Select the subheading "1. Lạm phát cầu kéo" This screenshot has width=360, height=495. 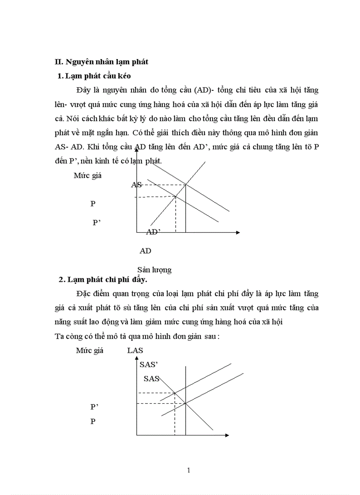click(x=94, y=76)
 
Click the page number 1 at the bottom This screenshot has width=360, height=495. click(x=189, y=470)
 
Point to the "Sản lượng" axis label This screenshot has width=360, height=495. click(x=154, y=270)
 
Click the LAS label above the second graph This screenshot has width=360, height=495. click(x=135, y=351)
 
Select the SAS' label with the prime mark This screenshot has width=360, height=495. click(x=149, y=365)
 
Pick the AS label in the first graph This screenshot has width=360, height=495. click(x=136, y=185)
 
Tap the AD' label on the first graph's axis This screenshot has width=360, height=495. click(x=153, y=232)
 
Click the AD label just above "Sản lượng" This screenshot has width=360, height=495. click(x=146, y=251)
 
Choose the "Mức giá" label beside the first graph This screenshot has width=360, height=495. click(x=88, y=175)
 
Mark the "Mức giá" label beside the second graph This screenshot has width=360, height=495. click(x=90, y=351)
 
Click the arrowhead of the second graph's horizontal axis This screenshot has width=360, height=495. click(x=227, y=435)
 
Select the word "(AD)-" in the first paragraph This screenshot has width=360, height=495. click(x=205, y=90)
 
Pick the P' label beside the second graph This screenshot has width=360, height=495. click(x=94, y=407)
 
